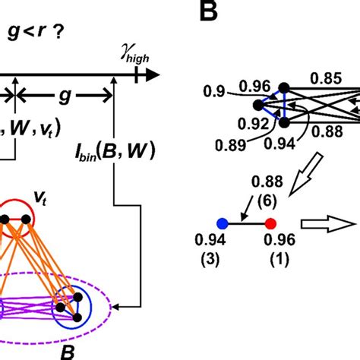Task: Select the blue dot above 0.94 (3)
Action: pyautogui.click(x=222, y=224)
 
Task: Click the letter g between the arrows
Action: pyautogui.click(x=65, y=99)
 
